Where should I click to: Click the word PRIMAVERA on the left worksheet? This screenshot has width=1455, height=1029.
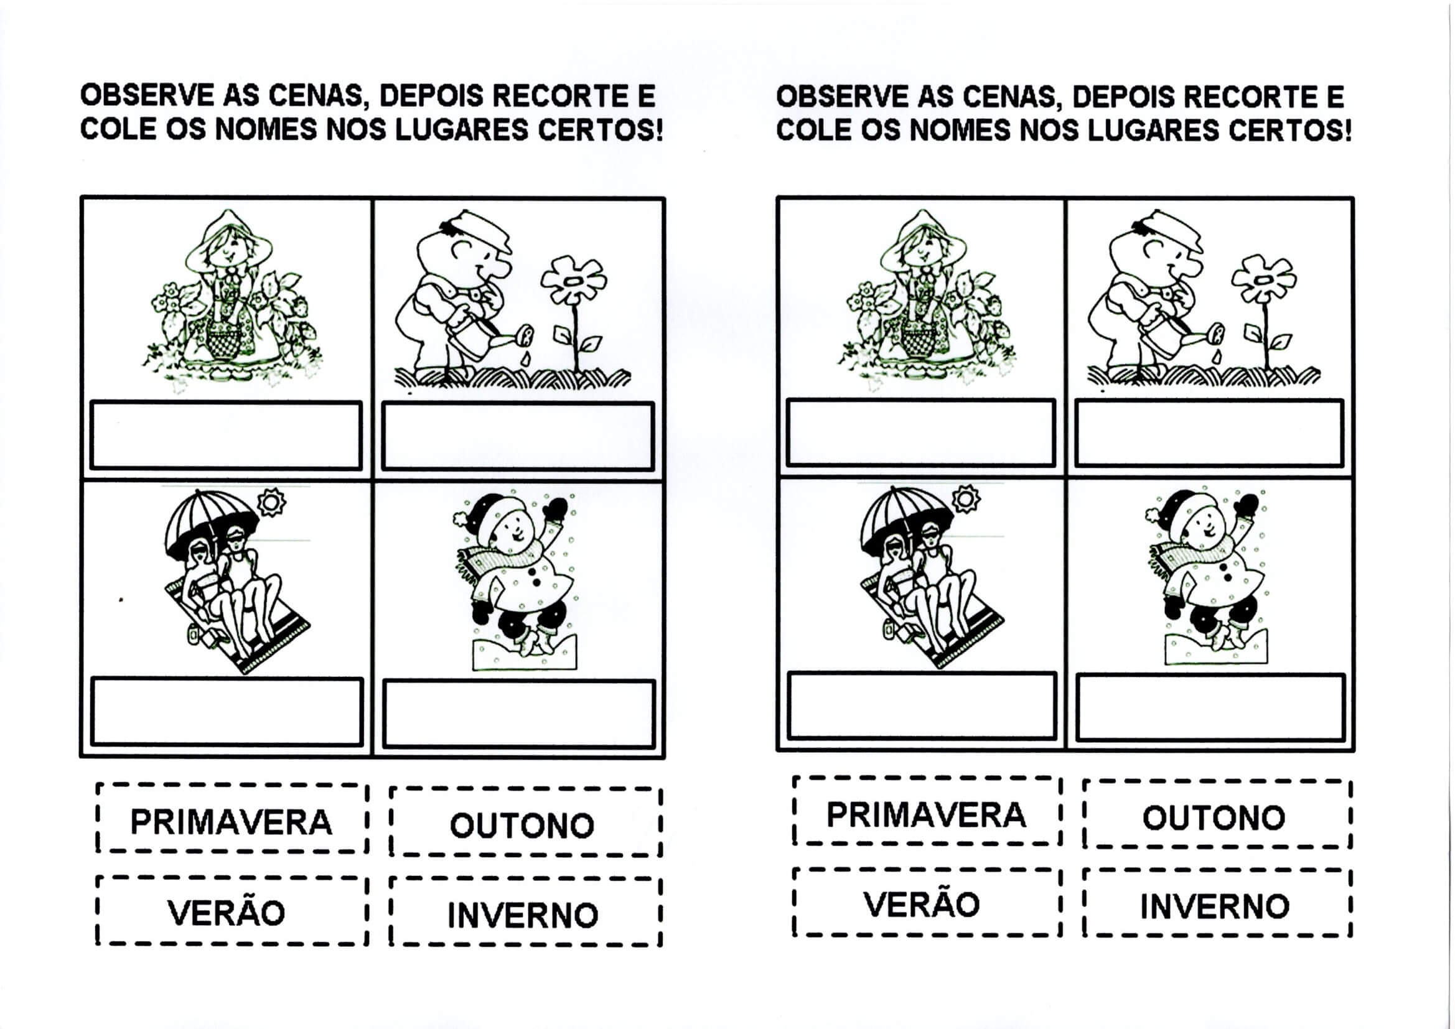pyautogui.click(x=232, y=822)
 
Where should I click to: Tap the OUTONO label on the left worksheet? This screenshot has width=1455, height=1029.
pyautogui.click(x=522, y=826)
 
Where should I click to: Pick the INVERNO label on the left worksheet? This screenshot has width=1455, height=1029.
pyautogui.click(x=523, y=915)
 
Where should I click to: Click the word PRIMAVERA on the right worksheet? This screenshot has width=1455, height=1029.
pyautogui.click(x=926, y=815)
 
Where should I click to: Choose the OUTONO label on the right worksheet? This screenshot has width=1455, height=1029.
pyautogui.click(x=1214, y=818)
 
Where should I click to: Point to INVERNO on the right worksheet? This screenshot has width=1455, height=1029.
pyautogui.click(x=1215, y=906)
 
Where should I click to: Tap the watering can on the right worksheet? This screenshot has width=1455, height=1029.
pyautogui.click(x=1179, y=336)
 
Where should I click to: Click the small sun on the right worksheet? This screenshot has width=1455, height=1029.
pyautogui.click(x=966, y=499)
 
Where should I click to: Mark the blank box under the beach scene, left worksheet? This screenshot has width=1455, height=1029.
pyautogui.click(x=227, y=712)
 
